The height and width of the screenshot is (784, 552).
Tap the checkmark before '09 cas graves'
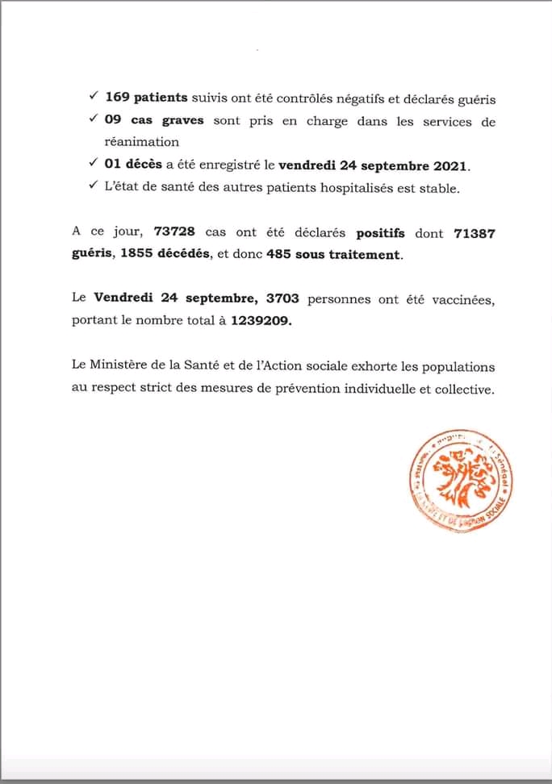click(94, 121)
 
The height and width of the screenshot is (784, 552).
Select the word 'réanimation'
click(142, 143)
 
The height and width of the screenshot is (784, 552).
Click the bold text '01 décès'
click(134, 166)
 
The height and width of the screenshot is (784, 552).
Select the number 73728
click(174, 232)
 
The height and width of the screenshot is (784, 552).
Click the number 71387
click(474, 232)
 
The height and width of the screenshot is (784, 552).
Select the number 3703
click(279, 298)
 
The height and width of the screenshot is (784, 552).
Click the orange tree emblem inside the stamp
click(458, 477)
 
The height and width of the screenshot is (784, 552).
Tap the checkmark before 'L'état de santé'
click(94, 188)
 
